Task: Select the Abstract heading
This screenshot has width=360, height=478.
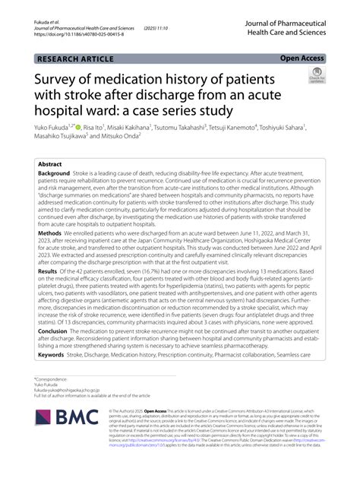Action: tap(50, 163)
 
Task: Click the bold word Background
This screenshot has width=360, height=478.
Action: tap(58, 173)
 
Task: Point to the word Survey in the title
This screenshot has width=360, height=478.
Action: tap(62, 78)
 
